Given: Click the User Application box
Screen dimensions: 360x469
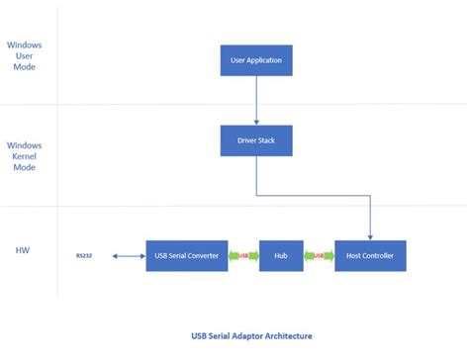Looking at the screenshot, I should (x=256, y=60).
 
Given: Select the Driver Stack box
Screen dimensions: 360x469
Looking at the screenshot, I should (x=256, y=141).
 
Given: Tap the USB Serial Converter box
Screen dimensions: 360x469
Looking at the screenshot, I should (x=188, y=256).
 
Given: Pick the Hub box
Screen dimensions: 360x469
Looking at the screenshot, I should (x=280, y=256).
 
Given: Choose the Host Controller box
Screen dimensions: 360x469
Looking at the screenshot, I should (x=371, y=256).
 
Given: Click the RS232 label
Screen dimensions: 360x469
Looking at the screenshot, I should (x=85, y=256).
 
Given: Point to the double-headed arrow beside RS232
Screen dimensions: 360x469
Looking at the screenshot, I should (x=127, y=256).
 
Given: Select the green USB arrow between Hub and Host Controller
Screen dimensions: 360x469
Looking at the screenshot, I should (x=317, y=256).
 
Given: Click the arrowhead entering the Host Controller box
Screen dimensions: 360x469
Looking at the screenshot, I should (x=371, y=236).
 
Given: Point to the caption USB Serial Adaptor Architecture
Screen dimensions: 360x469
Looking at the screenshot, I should (x=256, y=335).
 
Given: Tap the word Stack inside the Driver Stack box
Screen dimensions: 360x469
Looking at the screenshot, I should (x=269, y=141).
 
